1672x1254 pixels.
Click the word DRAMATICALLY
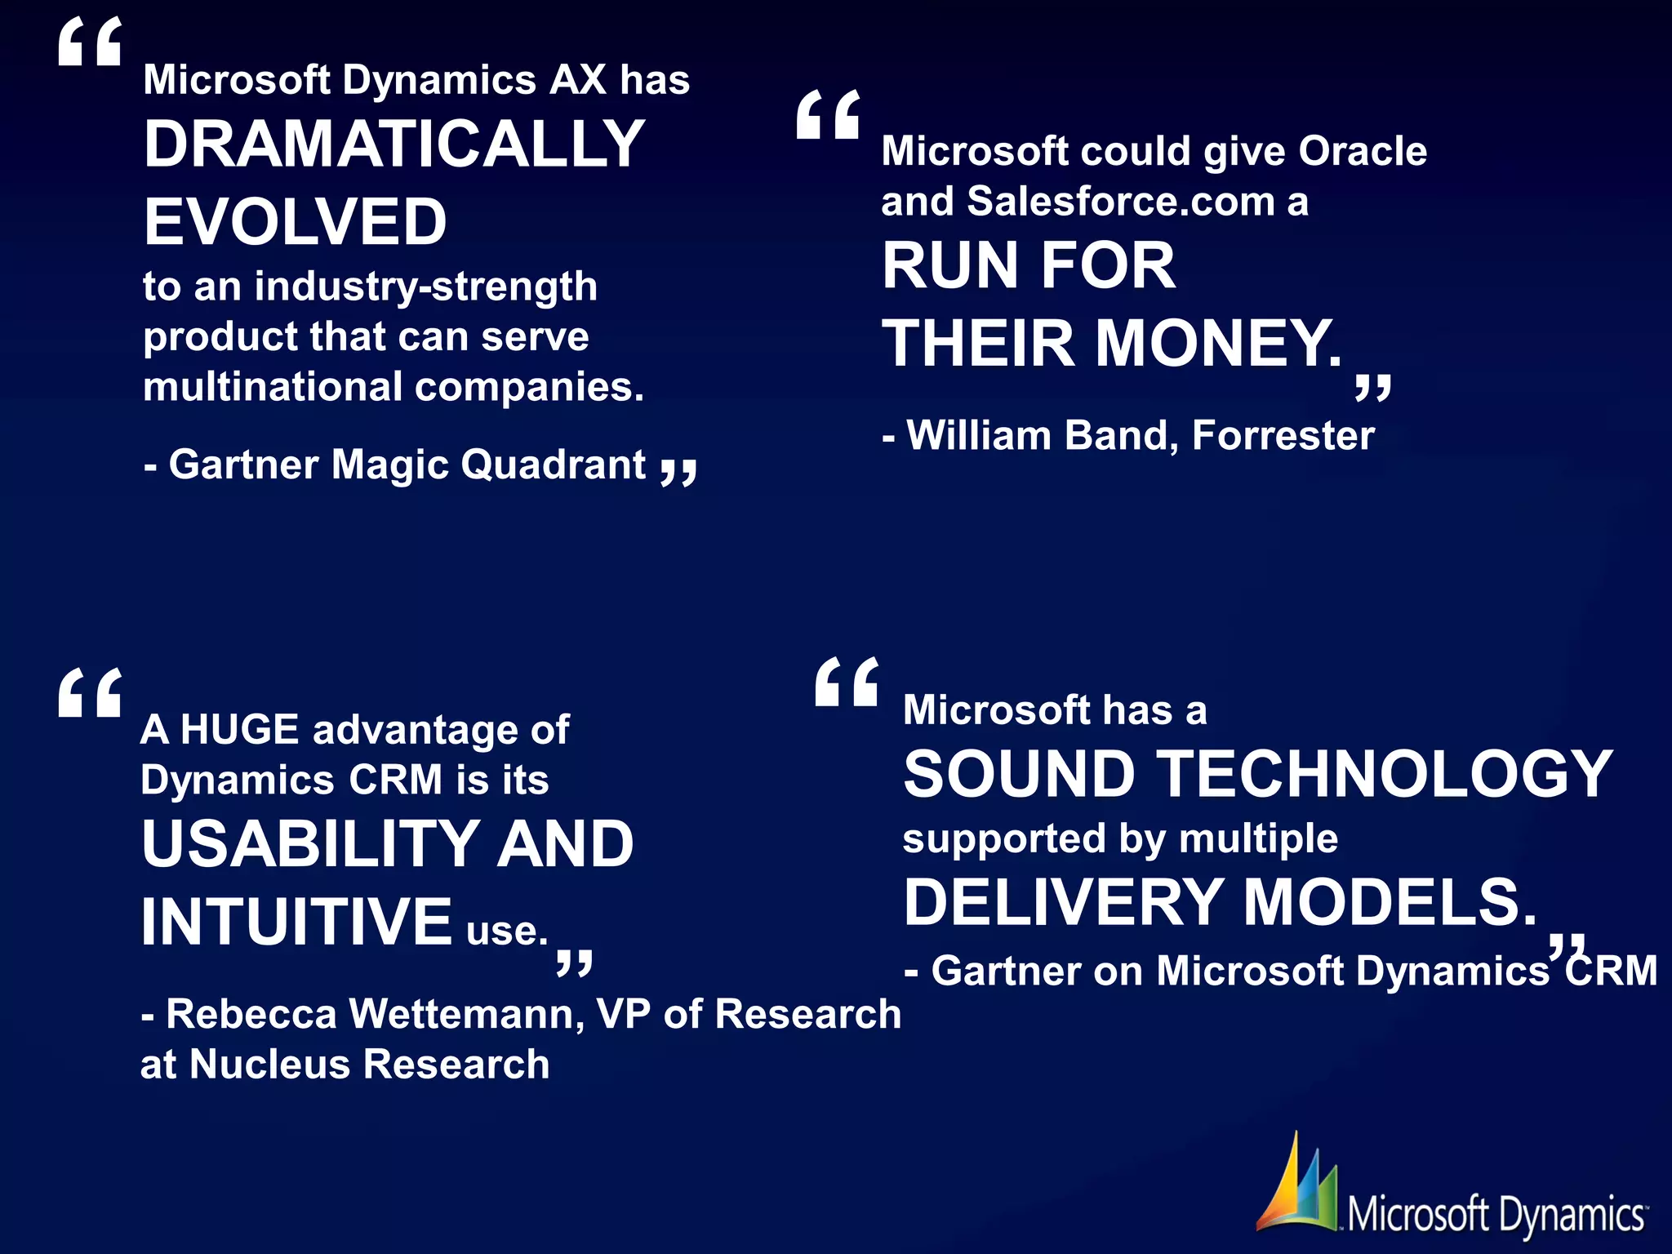click(x=394, y=145)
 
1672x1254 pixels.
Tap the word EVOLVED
click(x=296, y=222)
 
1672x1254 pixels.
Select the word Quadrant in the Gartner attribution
click(x=554, y=465)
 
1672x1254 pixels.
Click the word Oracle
click(x=1363, y=151)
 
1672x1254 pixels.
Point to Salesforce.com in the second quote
click(x=1120, y=202)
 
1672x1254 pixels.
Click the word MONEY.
click(x=1217, y=344)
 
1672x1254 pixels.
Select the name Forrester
click(x=1283, y=435)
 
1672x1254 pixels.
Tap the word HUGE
click(x=240, y=729)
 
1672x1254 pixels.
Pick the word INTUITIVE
click(x=296, y=922)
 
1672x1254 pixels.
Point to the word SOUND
click(x=1019, y=775)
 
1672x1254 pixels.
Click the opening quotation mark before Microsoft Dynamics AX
click(x=90, y=42)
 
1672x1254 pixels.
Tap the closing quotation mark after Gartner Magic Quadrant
click(x=678, y=472)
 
